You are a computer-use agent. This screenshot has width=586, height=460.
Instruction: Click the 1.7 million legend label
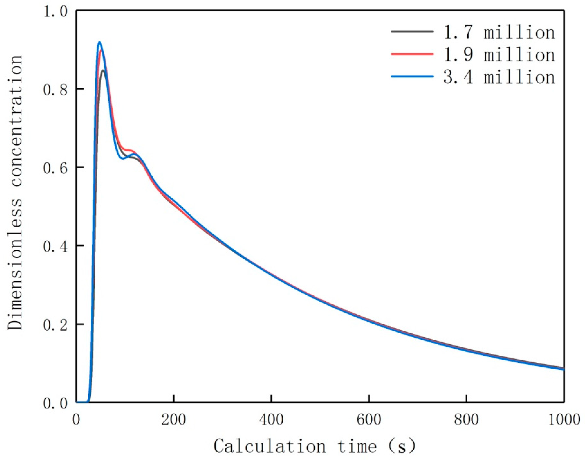point(499,33)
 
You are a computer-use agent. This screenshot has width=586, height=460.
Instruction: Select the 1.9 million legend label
point(499,55)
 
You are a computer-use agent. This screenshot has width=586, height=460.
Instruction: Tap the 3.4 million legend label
point(499,77)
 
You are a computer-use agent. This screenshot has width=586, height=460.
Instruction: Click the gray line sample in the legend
point(412,32)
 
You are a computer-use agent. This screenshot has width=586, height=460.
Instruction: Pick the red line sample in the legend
point(412,54)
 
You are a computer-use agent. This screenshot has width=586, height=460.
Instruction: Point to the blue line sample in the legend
point(412,77)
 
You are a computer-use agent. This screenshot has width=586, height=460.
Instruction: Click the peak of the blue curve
point(99,42)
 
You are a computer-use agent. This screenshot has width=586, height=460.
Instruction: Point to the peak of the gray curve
point(103,71)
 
